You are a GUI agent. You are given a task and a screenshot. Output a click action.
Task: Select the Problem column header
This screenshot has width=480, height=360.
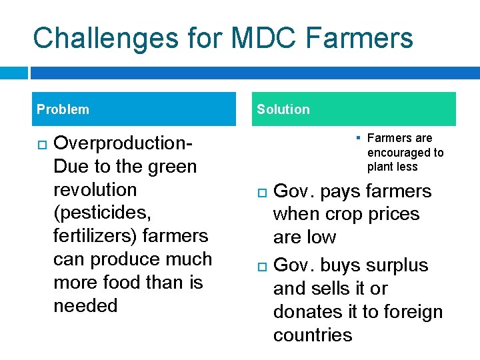click(x=63, y=109)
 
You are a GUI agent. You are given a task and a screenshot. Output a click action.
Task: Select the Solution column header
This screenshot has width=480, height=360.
click(x=283, y=109)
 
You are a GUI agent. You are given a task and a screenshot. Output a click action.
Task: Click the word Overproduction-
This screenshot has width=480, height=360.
click(x=123, y=143)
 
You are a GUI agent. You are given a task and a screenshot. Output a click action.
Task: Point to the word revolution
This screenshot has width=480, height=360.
click(x=95, y=190)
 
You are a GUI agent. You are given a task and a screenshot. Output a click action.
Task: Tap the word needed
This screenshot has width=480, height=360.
click(x=85, y=306)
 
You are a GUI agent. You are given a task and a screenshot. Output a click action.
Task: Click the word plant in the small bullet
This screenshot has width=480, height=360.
click(x=379, y=167)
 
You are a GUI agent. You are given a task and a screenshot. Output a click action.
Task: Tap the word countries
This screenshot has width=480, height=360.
click(x=313, y=335)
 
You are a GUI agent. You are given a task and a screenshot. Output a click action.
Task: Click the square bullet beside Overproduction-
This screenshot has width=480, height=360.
click(x=41, y=144)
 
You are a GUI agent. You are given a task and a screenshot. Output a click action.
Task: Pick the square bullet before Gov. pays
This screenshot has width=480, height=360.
click(x=261, y=192)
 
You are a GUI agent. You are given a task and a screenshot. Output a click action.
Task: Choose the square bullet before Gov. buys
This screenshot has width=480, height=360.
click(x=261, y=266)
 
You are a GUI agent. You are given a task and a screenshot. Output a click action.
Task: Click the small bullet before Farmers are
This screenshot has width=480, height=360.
click(x=357, y=138)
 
